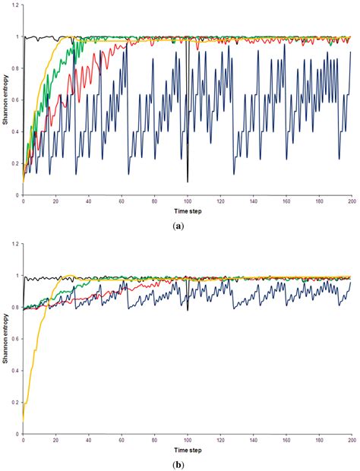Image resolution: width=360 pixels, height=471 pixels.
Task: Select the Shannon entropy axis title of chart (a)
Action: (5, 100)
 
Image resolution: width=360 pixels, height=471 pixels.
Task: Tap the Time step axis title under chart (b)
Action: (188, 445)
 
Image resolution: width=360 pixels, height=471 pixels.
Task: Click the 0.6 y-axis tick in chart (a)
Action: (16, 100)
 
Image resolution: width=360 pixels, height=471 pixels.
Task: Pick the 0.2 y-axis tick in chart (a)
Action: (16, 163)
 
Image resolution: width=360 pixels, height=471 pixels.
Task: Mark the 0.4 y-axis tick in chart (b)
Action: (16, 371)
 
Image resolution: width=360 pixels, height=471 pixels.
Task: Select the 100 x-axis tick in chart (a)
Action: (187, 201)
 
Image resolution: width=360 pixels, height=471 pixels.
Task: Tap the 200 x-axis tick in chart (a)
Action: (351, 201)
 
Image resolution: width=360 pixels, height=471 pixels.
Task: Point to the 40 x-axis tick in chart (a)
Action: (89, 201)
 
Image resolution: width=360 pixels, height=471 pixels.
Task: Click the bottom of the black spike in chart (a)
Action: (188, 182)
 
